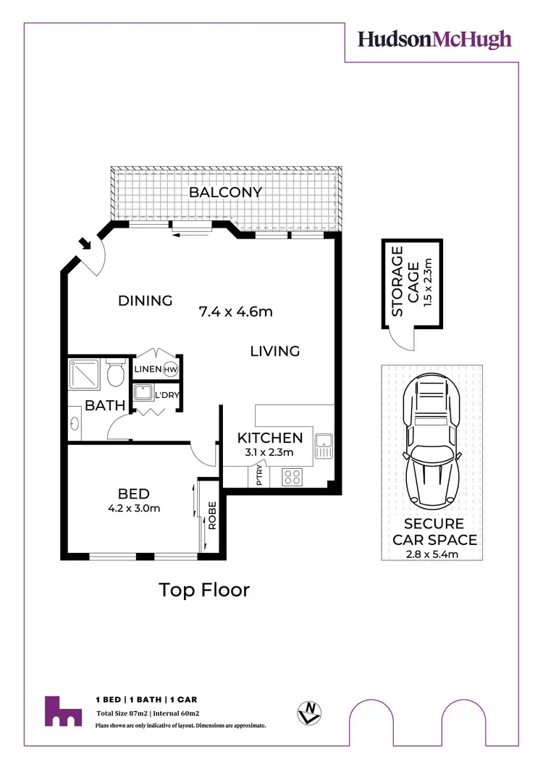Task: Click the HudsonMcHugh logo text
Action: click(434, 39)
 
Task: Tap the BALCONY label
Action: click(225, 193)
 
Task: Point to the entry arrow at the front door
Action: click(86, 244)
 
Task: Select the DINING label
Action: click(146, 301)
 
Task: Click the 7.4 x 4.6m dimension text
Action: click(235, 312)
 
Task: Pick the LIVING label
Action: click(275, 352)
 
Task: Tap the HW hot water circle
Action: click(170, 370)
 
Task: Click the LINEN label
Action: click(148, 370)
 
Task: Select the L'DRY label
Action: click(167, 395)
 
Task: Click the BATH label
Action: click(106, 406)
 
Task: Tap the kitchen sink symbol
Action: click(323, 444)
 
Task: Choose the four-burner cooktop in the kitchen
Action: click(291, 477)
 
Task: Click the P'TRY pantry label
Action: click(259, 477)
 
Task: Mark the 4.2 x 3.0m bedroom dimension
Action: click(134, 508)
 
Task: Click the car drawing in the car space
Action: click(432, 443)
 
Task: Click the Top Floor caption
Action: click(204, 590)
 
